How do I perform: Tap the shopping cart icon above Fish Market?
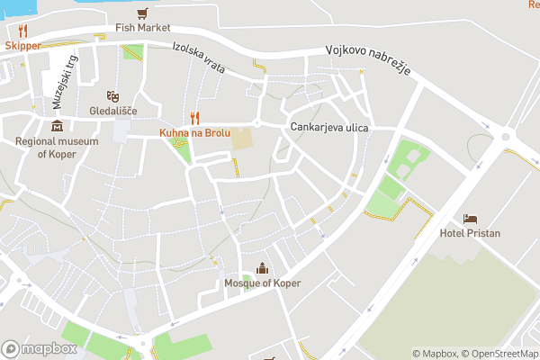coord(141,13)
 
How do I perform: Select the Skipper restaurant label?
coord(22,45)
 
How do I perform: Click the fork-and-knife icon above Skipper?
coord(22,31)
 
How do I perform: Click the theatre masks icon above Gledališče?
coord(112,95)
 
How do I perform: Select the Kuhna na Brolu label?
coord(194,132)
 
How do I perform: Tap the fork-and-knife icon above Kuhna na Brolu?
coord(194,118)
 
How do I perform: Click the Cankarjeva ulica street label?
coord(329,128)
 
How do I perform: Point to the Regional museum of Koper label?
coord(58,148)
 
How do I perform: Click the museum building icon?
coord(58,126)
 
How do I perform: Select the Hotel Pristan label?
coord(469,233)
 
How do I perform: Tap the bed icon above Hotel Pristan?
coord(470,219)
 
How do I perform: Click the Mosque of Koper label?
coord(262,283)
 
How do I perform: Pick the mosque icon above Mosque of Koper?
coord(262,268)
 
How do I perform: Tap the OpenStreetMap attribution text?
coord(500,354)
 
